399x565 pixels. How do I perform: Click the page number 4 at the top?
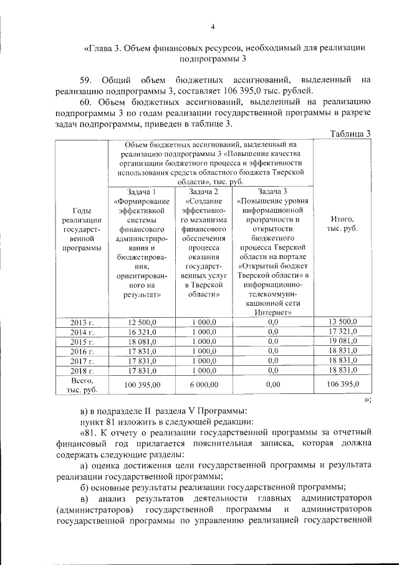pos(213,26)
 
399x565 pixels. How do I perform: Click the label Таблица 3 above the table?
pos(350,133)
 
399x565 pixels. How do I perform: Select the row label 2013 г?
pos(82,322)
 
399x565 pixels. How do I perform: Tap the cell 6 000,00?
pos(203,385)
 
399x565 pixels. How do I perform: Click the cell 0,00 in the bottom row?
pos(272,385)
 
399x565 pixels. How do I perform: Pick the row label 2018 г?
pos(82,371)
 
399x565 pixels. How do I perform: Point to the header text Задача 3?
pos(272,192)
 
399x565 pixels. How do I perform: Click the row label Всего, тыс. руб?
pos(82,385)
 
